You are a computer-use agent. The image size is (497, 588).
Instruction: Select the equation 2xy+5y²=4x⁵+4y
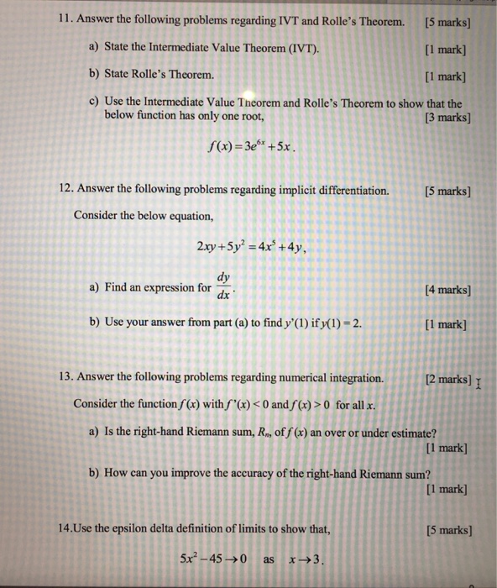(x=253, y=246)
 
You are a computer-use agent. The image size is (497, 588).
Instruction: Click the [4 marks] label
(x=444, y=291)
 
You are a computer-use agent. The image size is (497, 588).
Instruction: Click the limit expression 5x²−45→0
(x=214, y=560)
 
